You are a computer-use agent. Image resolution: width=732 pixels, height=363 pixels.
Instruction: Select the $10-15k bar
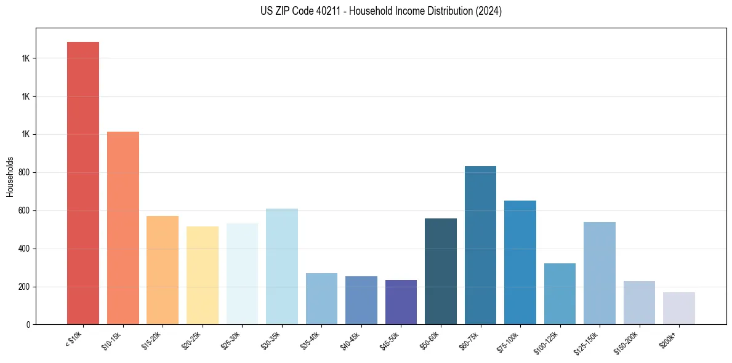coord(123,228)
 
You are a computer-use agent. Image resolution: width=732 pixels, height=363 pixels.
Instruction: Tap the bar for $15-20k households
coord(163,270)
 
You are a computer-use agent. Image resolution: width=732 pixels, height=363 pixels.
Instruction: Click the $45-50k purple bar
coord(401,302)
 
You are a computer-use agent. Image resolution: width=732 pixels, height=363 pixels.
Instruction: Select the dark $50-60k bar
coord(441,271)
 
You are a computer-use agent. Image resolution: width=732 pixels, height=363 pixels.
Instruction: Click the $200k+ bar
coord(679,308)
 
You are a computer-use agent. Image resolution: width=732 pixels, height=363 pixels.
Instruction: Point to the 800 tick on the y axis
coord(25,173)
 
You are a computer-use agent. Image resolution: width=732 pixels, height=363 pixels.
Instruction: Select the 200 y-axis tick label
coord(25,287)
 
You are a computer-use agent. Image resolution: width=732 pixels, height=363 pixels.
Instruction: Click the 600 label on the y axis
coord(25,211)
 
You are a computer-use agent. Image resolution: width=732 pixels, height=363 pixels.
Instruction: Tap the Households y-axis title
coord(10,177)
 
